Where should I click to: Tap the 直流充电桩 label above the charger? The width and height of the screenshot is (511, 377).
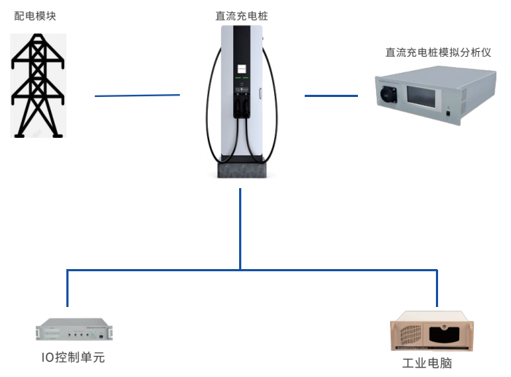(241, 15)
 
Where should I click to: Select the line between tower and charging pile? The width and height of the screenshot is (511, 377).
(137, 95)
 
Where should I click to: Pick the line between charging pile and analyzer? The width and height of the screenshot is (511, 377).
(331, 96)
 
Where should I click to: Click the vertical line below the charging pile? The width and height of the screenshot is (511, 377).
(240, 226)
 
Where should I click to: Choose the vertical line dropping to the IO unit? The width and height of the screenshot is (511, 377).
(67, 287)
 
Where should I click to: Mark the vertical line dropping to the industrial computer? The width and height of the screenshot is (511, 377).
(437, 287)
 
